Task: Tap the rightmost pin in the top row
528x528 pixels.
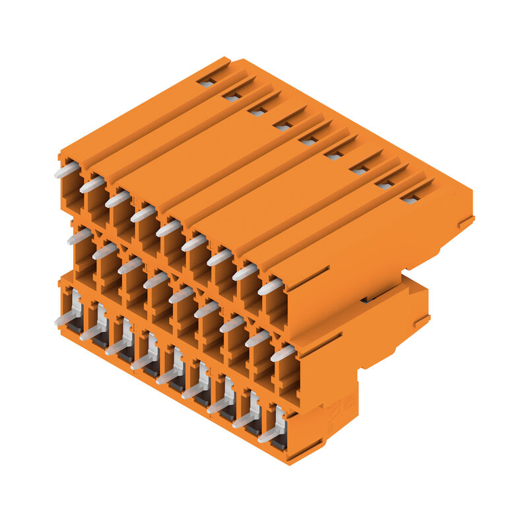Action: (269, 287)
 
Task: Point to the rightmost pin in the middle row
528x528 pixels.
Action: (282, 354)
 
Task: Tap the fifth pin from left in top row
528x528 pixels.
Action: (168, 228)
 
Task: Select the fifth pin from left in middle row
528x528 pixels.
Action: (181, 295)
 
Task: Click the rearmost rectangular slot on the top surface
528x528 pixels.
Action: (207, 83)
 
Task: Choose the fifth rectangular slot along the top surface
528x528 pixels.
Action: (308, 141)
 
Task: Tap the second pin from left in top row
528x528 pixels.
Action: (92, 185)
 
